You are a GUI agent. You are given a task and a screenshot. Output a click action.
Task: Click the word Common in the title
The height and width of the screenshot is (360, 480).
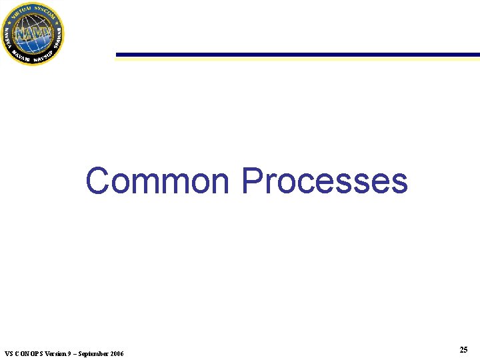[x=157, y=181]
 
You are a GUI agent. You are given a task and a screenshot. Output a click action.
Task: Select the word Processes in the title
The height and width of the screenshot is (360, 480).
[x=324, y=181]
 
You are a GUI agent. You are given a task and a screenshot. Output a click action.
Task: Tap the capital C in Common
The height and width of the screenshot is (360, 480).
[x=98, y=181]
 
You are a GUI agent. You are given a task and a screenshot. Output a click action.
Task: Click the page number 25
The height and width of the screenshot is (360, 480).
[x=463, y=350]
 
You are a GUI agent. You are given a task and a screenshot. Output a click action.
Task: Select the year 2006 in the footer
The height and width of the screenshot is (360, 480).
[x=115, y=353]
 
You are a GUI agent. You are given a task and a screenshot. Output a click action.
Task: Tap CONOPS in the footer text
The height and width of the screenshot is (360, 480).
[x=27, y=353]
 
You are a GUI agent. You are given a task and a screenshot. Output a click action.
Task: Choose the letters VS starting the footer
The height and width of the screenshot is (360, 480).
[x=8, y=353]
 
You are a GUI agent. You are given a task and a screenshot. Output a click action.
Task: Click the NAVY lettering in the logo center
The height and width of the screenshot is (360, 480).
[x=31, y=33]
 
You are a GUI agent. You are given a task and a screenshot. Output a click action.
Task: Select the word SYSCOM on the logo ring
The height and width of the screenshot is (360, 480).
[x=45, y=10]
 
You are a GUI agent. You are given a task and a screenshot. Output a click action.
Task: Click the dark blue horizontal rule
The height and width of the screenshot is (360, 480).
[x=297, y=55]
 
